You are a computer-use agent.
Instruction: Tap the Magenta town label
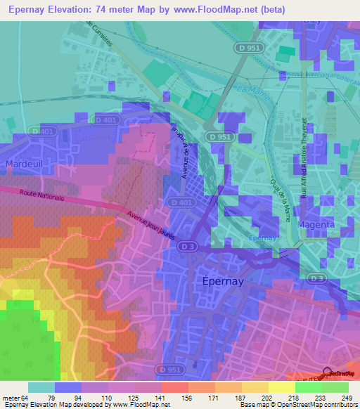[x=316, y=224]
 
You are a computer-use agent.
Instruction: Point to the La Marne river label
[x=252, y=90]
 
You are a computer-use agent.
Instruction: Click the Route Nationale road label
[x=41, y=197]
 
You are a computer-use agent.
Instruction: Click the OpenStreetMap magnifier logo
[x=326, y=372]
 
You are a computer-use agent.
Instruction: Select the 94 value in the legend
[x=82, y=397]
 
